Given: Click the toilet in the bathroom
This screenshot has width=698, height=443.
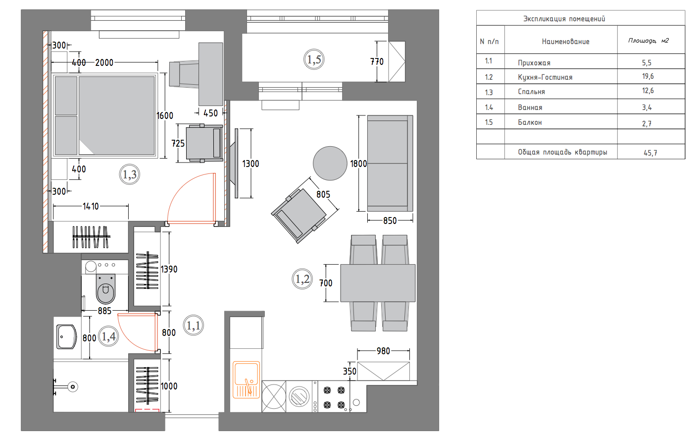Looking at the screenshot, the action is click(x=105, y=288).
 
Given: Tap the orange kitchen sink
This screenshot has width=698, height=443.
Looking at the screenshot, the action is click(x=246, y=380).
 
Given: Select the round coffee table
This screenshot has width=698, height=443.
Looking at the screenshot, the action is click(x=330, y=163).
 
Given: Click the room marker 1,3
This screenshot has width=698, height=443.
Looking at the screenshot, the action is click(x=130, y=174).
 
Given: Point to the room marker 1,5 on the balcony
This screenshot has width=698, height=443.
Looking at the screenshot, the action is click(x=314, y=59).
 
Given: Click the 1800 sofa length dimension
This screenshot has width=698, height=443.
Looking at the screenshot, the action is click(x=359, y=164).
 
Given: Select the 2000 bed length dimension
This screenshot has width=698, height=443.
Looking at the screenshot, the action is click(x=104, y=63).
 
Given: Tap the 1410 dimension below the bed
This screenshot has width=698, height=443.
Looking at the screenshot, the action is click(x=91, y=206).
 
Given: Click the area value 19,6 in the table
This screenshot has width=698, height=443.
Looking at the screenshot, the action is click(x=648, y=76).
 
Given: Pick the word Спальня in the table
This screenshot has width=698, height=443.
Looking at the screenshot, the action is click(x=531, y=92).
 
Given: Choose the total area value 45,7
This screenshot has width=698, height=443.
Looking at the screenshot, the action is click(x=650, y=153).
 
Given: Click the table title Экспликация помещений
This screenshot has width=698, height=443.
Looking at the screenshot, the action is click(x=564, y=19).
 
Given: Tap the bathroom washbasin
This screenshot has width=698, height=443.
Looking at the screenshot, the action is click(x=66, y=337).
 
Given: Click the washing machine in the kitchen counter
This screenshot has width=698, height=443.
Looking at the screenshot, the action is click(x=299, y=396).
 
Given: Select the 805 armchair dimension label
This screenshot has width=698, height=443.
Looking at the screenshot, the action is click(x=323, y=195).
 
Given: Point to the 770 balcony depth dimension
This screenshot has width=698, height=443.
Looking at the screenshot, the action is click(x=377, y=62).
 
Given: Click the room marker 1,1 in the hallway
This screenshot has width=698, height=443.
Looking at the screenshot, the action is click(x=193, y=326).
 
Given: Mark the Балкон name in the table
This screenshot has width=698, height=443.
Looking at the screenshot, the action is click(x=530, y=122).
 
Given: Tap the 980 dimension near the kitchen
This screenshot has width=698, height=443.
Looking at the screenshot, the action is click(x=383, y=351).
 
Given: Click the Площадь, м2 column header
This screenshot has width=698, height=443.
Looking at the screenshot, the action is click(x=648, y=41).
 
